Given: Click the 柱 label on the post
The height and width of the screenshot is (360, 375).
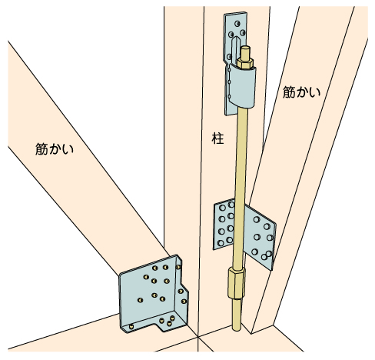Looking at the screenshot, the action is pyautogui.click(x=218, y=138).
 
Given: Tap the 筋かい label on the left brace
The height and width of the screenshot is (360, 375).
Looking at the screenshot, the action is pyautogui.click(x=55, y=148).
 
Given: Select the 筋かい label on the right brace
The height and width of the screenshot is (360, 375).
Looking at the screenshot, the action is pyautogui.click(x=301, y=92).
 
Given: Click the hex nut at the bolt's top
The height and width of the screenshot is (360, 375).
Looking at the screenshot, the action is pyautogui.click(x=245, y=63).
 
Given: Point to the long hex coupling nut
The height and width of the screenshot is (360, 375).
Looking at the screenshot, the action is pyautogui.click(x=236, y=282).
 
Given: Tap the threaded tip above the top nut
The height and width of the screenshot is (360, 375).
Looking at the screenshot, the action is pyautogui.click(x=246, y=52).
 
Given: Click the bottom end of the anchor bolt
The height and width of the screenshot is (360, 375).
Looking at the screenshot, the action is pyautogui.click(x=237, y=328).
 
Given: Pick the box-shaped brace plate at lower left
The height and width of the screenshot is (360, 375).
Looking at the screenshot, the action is pyautogui.click(x=153, y=294).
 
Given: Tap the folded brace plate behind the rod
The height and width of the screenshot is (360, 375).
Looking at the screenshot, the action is pyautogui.click(x=244, y=233).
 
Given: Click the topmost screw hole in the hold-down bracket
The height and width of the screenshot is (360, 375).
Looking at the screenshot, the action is pyautogui.click(x=237, y=24).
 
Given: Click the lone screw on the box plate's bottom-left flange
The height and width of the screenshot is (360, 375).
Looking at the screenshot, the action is pyautogui.click(x=131, y=327).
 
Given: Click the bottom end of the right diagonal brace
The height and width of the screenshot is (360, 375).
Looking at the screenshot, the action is pyautogui.click(x=263, y=328).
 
